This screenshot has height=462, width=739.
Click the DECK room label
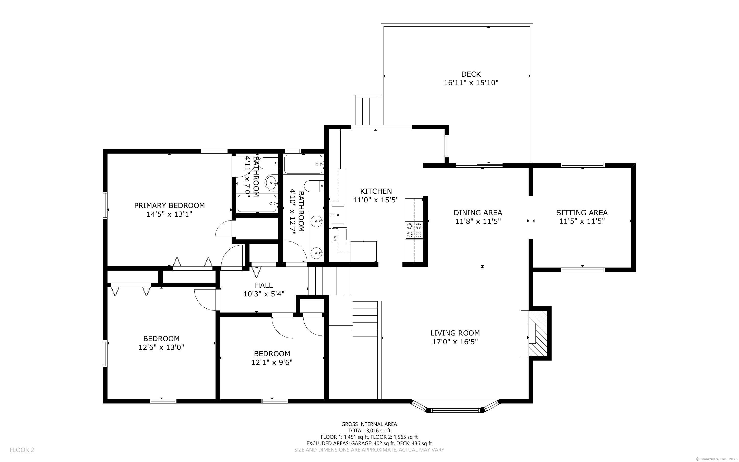point(471,74)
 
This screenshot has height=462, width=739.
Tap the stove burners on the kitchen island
point(414,230)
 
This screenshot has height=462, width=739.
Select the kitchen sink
point(337,215)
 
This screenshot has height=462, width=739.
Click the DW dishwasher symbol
point(335,238)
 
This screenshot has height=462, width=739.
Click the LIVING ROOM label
point(455,333)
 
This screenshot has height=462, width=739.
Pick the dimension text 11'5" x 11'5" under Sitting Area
point(582,221)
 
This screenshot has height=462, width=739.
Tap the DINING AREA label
point(478,212)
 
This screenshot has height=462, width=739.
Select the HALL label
point(264,285)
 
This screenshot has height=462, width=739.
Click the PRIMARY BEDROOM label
point(169,205)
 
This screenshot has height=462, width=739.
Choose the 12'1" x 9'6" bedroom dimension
point(272,362)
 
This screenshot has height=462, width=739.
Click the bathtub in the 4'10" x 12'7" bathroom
point(303,164)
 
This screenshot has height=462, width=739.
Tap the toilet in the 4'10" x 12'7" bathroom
point(314,186)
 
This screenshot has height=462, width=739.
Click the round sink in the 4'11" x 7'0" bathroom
point(271,183)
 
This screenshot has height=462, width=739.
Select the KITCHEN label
point(376,191)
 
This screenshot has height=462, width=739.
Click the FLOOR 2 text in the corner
point(22,450)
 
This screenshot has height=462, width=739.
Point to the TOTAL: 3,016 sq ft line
point(369,431)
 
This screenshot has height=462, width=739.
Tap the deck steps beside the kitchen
point(369,111)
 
